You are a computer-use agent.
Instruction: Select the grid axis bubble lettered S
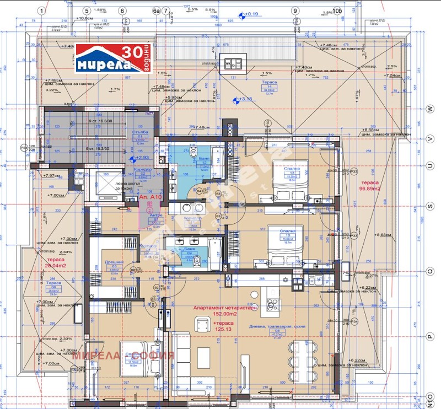pyautogui.click(x=429, y=206)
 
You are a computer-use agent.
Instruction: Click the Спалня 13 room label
pyautogui.click(x=288, y=171)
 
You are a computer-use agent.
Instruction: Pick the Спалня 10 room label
pyautogui.click(x=288, y=234)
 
